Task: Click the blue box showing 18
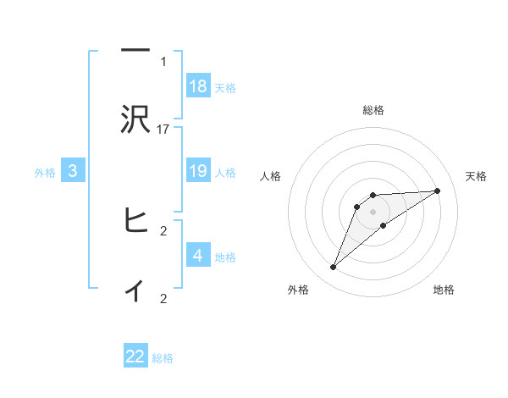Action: tap(198, 86)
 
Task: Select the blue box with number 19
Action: tap(198, 171)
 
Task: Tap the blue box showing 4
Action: tap(198, 256)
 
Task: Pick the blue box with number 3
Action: tap(73, 171)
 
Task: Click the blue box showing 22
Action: tap(135, 357)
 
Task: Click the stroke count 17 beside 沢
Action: tap(163, 130)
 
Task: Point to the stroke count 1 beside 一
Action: tap(163, 61)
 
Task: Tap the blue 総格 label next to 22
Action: tap(163, 358)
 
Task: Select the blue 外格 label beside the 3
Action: tap(45, 173)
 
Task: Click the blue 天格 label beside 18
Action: tap(225, 88)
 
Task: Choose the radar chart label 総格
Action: tap(373, 110)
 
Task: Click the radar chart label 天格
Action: tap(476, 176)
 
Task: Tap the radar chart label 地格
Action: tap(444, 290)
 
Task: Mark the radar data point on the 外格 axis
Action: tap(333, 268)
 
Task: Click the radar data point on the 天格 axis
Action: tap(438, 191)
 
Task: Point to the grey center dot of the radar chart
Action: tap(373, 212)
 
